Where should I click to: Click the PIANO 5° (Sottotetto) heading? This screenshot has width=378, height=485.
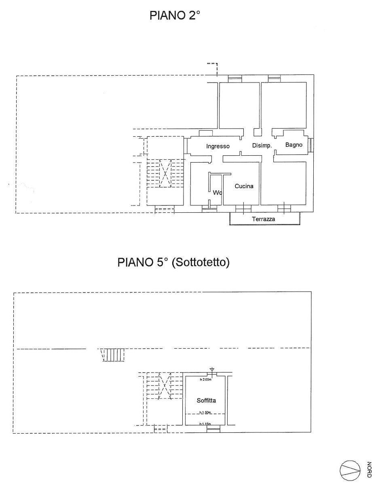(x=174, y=263)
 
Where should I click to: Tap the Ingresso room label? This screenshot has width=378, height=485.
(x=218, y=146)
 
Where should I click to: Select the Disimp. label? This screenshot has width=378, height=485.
(x=262, y=146)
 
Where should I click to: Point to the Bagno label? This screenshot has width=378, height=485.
(x=294, y=145)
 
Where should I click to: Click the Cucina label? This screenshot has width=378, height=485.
(x=244, y=186)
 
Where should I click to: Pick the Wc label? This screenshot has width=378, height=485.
(x=218, y=193)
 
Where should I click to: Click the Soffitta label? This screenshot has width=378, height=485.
(x=206, y=400)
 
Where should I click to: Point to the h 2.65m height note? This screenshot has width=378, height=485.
(x=206, y=379)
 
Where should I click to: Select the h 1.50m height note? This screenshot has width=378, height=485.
(x=206, y=413)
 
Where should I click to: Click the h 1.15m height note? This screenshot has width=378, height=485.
(x=206, y=424)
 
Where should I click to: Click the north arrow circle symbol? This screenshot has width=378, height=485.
(x=349, y=469)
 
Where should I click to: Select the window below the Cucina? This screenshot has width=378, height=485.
(x=243, y=209)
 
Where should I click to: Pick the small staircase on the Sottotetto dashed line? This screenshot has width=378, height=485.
(x=113, y=355)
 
